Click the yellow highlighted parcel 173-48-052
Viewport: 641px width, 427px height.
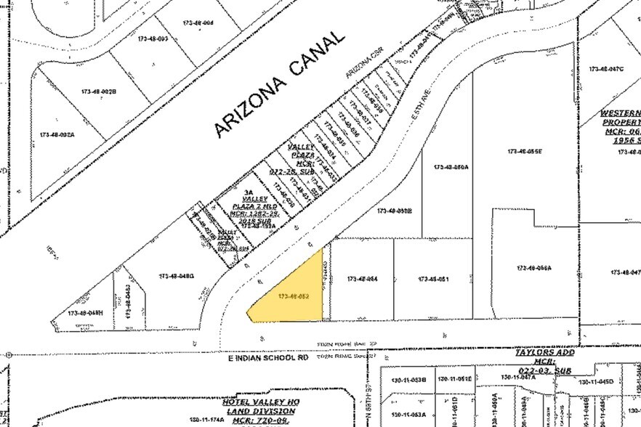(294, 296)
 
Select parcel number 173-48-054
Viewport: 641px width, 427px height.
(363, 279)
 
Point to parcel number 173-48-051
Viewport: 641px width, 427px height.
(434, 279)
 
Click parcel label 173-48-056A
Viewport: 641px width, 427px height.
(534, 268)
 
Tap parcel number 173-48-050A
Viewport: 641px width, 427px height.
(451, 167)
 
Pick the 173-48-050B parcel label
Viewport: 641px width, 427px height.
(395, 211)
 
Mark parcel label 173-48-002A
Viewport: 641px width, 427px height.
(57, 135)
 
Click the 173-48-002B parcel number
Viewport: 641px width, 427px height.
(99, 91)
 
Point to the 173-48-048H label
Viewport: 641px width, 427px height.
(86, 313)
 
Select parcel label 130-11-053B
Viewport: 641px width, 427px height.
(408, 380)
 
